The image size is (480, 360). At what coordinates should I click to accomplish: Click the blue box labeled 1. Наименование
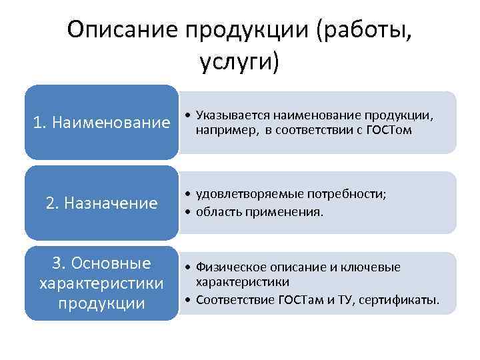102,123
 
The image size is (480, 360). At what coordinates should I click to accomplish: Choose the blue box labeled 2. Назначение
102,203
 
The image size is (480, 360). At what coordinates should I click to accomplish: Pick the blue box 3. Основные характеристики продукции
102,283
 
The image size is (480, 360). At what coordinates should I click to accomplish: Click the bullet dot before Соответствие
189,300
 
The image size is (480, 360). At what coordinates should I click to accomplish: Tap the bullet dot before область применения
189,213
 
